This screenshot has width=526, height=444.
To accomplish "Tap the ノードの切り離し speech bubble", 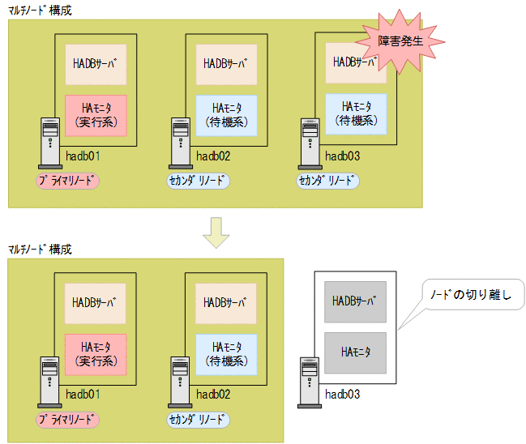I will coord(477,294).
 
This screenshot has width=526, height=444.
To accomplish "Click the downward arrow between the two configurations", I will coord(216,231).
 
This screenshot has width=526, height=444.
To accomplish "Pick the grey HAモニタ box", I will coord(355,352).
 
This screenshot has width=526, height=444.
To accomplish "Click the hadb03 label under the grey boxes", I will coord(342,395).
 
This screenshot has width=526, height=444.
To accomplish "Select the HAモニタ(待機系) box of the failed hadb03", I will coord(356,113).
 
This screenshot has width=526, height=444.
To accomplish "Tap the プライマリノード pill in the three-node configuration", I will coord(67,181).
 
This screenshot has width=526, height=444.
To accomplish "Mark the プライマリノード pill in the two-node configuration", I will coord(67,420).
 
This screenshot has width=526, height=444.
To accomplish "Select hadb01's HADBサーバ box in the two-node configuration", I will coord(95,303).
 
